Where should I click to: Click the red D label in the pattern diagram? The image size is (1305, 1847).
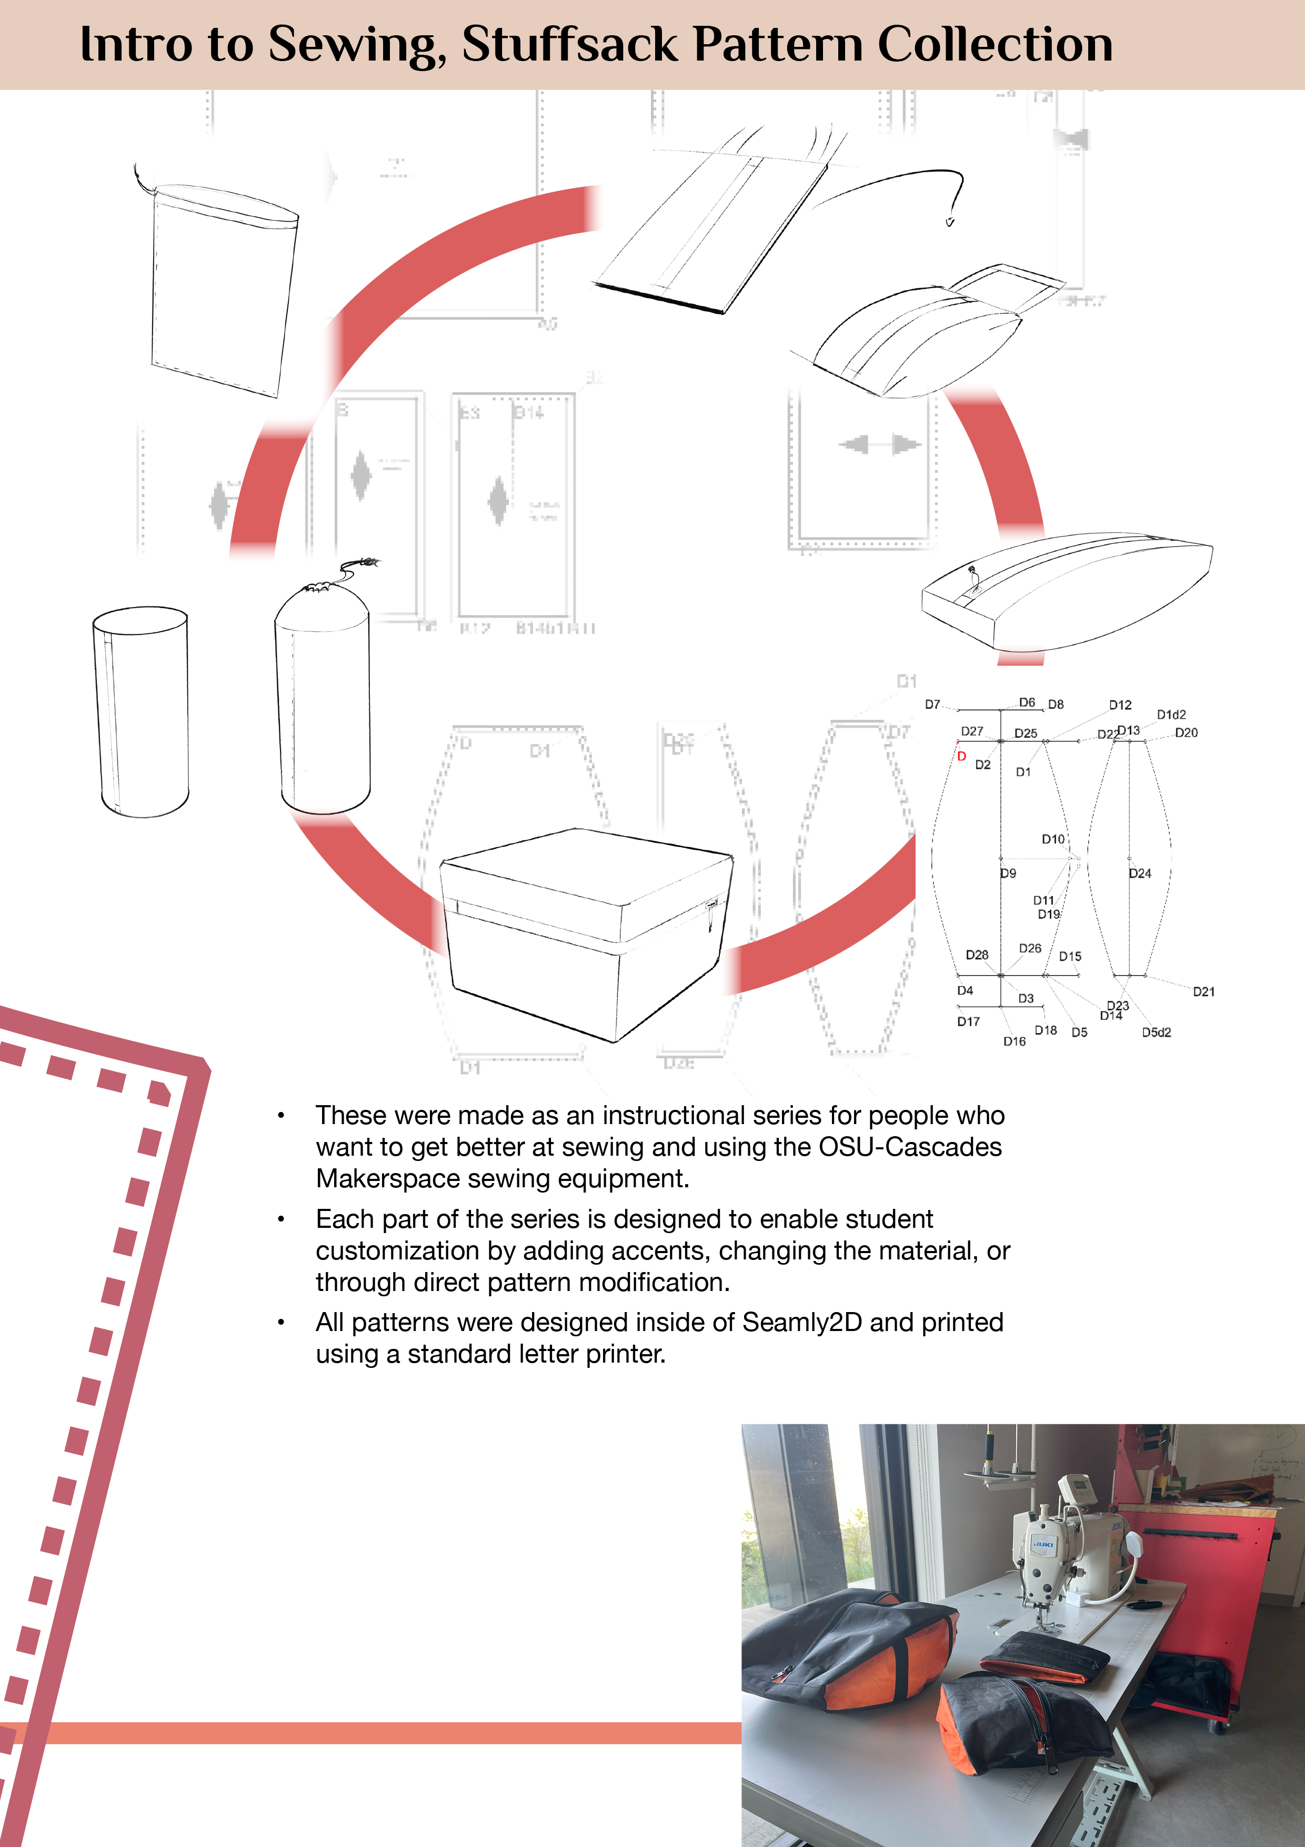[961, 756]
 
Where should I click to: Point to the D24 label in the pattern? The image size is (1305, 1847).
[1139, 873]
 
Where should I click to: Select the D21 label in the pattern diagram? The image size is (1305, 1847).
[1203, 992]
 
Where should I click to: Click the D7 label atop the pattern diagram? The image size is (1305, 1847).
[932, 704]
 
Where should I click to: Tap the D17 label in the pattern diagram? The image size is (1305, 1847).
[968, 1021]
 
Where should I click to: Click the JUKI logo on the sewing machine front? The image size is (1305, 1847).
[1043, 1544]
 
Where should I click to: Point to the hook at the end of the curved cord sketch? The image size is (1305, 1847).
[950, 221]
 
